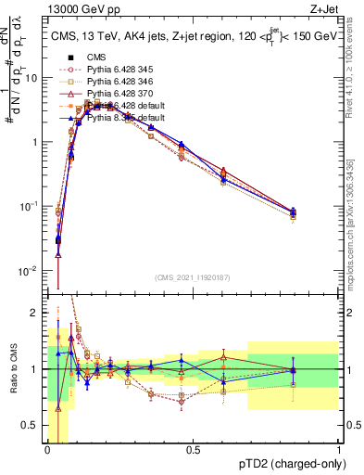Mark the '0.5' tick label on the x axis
(193, 450)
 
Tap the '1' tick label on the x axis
(339, 450)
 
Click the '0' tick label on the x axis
(47, 450)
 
